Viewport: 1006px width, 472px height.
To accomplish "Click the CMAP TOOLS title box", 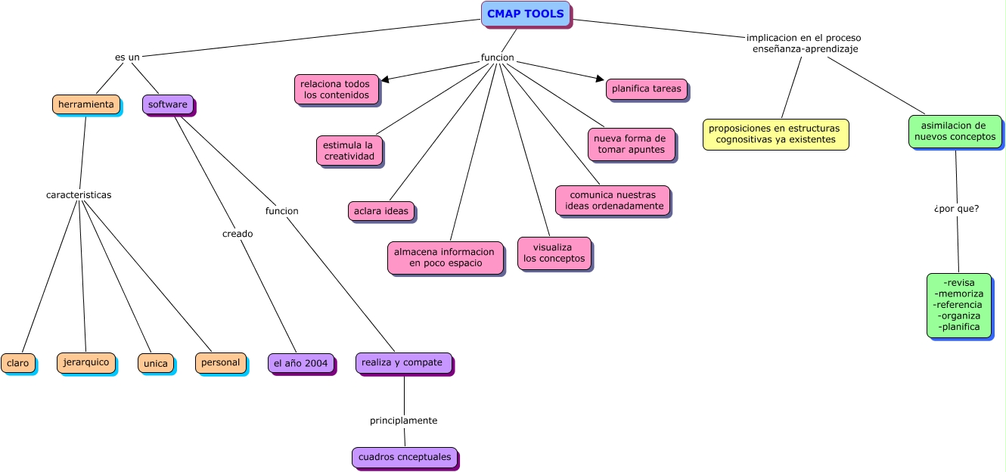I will click(525, 14).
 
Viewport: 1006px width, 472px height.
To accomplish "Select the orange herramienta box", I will click(85, 104).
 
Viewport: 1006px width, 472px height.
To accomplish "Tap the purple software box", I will click(167, 104).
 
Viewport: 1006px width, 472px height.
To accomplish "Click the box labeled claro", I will click(17, 363).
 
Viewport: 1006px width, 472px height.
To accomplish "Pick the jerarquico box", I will click(85, 362).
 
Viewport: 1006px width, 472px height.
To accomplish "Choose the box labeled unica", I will click(155, 363).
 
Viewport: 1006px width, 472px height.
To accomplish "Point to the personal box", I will click(220, 362).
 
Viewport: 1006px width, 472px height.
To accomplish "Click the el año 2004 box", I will click(300, 363).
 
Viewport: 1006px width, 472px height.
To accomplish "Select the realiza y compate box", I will click(403, 362).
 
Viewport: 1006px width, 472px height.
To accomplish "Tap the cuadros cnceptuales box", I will click(404, 457).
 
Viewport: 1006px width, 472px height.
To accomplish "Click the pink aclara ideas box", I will click(380, 211).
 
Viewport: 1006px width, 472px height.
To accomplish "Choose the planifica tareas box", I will click(646, 88).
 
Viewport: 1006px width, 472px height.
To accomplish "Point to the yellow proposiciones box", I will click(775, 134).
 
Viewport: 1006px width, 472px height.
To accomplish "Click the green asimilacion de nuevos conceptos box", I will click(954, 132).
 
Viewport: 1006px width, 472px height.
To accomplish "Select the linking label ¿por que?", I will click(956, 208).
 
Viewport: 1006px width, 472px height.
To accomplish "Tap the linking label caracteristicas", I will click(79, 194).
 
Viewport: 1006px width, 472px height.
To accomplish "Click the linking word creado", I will click(238, 234).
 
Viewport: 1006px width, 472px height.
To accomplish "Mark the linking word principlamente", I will click(403, 420).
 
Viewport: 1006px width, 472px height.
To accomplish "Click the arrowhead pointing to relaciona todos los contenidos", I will click(385, 79).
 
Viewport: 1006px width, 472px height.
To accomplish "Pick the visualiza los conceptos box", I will click(554, 253).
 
